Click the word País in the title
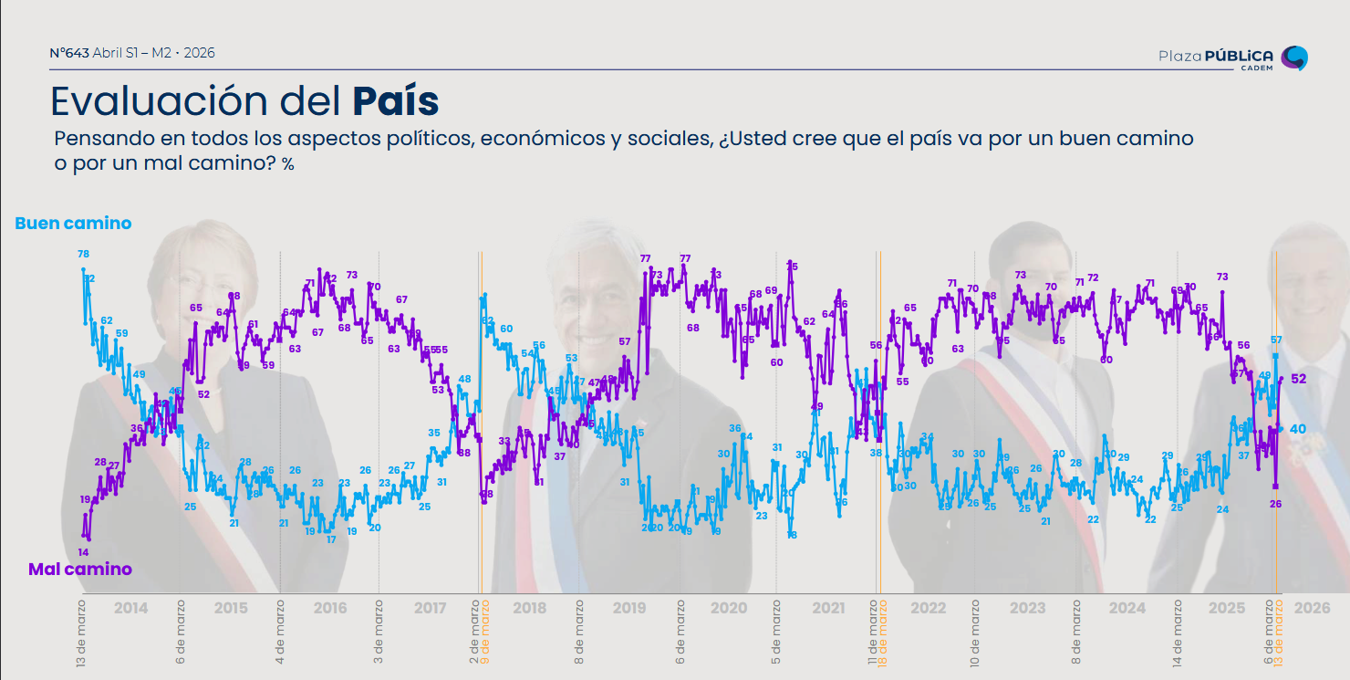click(396, 101)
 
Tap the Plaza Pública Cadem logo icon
click(1294, 58)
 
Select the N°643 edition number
click(69, 53)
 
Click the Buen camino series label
click(73, 224)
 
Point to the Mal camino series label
click(80, 570)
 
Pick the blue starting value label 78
click(83, 254)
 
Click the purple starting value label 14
click(83, 552)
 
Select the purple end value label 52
click(1299, 379)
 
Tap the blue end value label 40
click(1297, 429)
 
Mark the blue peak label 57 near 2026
click(1277, 340)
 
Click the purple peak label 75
click(792, 267)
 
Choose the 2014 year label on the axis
click(130, 608)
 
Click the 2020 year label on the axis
click(729, 608)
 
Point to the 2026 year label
click(1312, 608)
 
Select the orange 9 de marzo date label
click(486, 632)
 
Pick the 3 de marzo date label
click(378, 632)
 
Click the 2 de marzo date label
click(474, 632)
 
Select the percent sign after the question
click(288, 165)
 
